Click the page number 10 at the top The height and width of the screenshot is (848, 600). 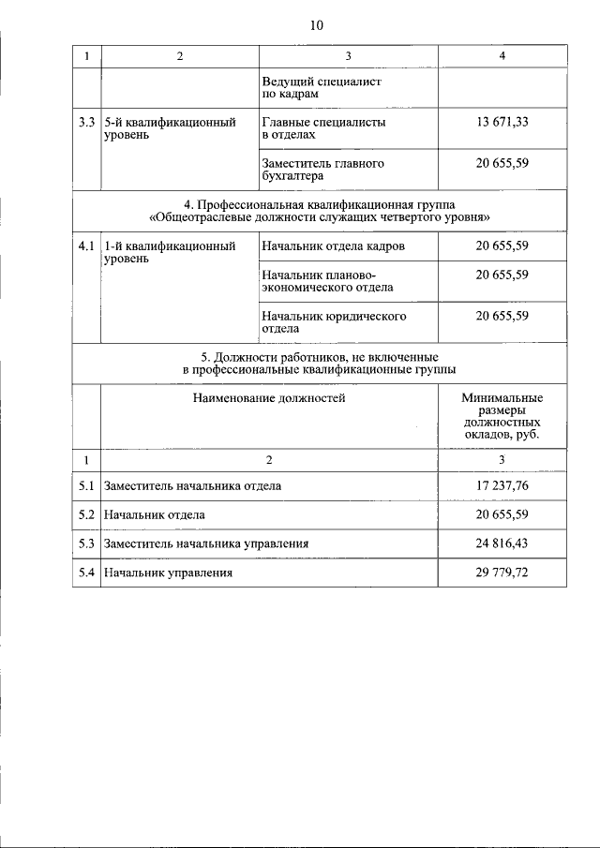pyautogui.click(x=316, y=25)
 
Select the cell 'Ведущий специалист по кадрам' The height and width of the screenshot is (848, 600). pyautogui.click(x=308, y=88)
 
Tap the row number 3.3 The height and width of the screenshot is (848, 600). pyautogui.click(x=85, y=122)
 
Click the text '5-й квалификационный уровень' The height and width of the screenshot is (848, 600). pyautogui.click(x=169, y=128)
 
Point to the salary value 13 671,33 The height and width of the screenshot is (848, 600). pyautogui.click(x=502, y=122)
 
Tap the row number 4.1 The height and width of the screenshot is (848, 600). pyautogui.click(x=85, y=245)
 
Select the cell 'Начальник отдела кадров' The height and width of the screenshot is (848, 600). pyautogui.click(x=333, y=246)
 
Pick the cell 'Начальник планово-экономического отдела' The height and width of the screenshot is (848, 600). pyautogui.click(x=327, y=281)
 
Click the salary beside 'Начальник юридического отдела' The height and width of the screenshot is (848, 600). pyautogui.click(x=502, y=316)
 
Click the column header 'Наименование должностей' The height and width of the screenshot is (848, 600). pyautogui.click(x=269, y=398)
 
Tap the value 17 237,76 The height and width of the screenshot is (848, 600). pyautogui.click(x=502, y=486)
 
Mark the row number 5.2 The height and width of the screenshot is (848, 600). pyautogui.click(x=85, y=515)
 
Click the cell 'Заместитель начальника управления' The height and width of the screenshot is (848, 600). pyautogui.click(x=206, y=543)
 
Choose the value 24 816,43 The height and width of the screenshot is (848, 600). pyautogui.click(x=502, y=543)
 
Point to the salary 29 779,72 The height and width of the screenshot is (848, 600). pyautogui.click(x=502, y=573)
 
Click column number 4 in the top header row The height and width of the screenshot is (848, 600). pyautogui.click(x=502, y=56)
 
